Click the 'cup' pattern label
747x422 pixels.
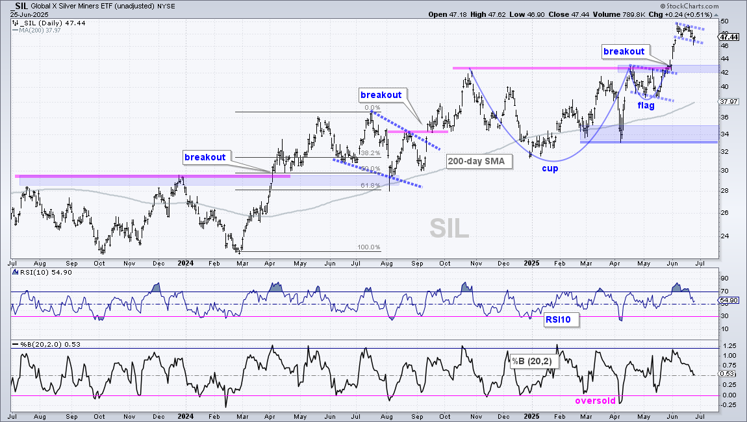pyautogui.click(x=550, y=168)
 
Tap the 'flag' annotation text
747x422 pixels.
pyautogui.click(x=646, y=105)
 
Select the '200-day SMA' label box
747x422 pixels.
pyautogui.click(x=476, y=161)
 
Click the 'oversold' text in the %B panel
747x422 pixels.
pyautogui.click(x=596, y=401)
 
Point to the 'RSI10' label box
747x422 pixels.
pyautogui.click(x=558, y=319)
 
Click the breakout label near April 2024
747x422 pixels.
pyautogui.click(x=205, y=157)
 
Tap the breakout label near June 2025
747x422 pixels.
pyautogui.click(x=624, y=51)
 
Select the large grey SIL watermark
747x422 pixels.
pyautogui.click(x=449, y=229)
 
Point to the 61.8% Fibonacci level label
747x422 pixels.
pyautogui.click(x=369, y=185)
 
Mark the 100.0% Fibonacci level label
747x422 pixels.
pyautogui.click(x=369, y=247)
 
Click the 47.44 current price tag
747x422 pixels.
pyautogui.click(x=729, y=36)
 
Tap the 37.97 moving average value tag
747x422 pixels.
pyautogui.click(x=729, y=101)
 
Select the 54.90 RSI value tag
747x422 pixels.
pyautogui.click(x=729, y=300)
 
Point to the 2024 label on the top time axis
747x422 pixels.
pyautogui.click(x=185, y=263)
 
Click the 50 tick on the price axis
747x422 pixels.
pyautogui.click(x=725, y=21)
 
